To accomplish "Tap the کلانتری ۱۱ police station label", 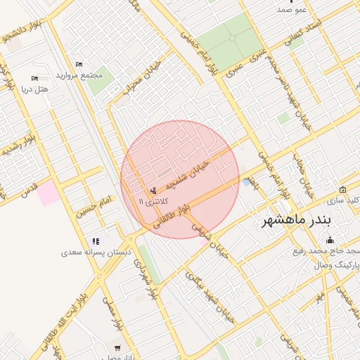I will tap(152, 202).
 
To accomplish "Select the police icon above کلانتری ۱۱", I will tap(153, 191).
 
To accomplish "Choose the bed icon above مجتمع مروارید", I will tap(78, 64).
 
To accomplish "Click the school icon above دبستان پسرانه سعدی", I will tap(96, 241).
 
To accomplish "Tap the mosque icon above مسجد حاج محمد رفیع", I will tap(330, 240).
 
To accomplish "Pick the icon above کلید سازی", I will tap(342, 189).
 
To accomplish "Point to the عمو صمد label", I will tap(292, 8).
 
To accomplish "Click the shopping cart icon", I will tap(117, 347).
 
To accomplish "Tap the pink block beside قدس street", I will tap(49, 193).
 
